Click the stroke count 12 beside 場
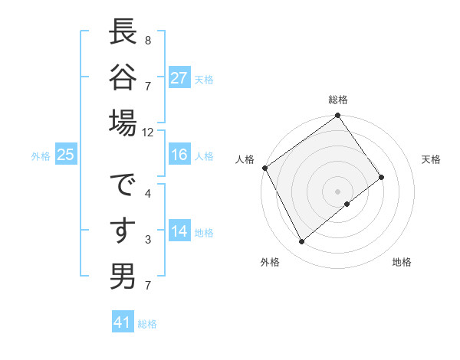pyautogui.click(x=148, y=132)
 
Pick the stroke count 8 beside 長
pyautogui.click(x=148, y=40)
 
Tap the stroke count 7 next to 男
pyautogui.click(x=148, y=286)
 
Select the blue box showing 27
pyautogui.click(x=179, y=78)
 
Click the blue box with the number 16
pyautogui.click(x=179, y=155)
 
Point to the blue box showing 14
pyautogui.click(x=179, y=232)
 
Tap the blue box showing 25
pyautogui.click(x=66, y=155)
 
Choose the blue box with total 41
pyautogui.click(x=123, y=322)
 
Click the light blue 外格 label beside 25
pyautogui.click(x=41, y=155)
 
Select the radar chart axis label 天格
pyautogui.click(x=431, y=159)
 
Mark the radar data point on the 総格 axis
pyautogui.click(x=337, y=116)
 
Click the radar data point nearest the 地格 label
pyautogui.click(x=347, y=204)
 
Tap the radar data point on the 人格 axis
pyautogui.click(x=264, y=168)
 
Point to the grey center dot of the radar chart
pyautogui.click(x=337, y=190)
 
